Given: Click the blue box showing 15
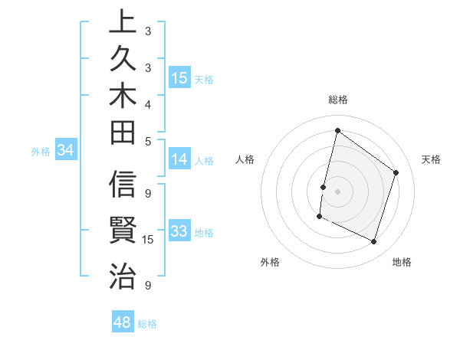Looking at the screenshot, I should pos(179,78).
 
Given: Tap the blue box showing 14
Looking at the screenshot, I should pos(179,159).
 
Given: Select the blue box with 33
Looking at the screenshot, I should pos(179,231).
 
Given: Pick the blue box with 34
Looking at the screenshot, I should pos(65,151).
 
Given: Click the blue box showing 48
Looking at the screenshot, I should pos(123,322).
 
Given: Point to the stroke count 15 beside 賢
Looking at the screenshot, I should pos(149,240).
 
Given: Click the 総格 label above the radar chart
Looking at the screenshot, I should pos(337,100).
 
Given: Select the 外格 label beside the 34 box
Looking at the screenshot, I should pos(41,152).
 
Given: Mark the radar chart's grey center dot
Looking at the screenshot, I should pos(337,191).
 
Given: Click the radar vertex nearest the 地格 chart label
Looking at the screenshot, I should pos(373,242).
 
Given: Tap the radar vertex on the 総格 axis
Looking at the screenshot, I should pos(337,131).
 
